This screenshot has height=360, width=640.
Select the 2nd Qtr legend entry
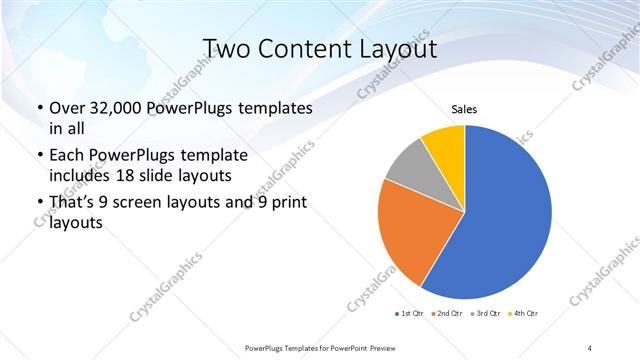(447, 314)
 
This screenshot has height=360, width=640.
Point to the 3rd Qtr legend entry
(485, 314)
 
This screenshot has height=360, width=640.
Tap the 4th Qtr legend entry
(523, 314)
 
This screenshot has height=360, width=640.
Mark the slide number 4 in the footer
(590, 347)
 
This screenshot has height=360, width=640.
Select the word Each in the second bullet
(66, 156)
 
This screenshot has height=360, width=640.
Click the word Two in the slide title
(226, 49)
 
